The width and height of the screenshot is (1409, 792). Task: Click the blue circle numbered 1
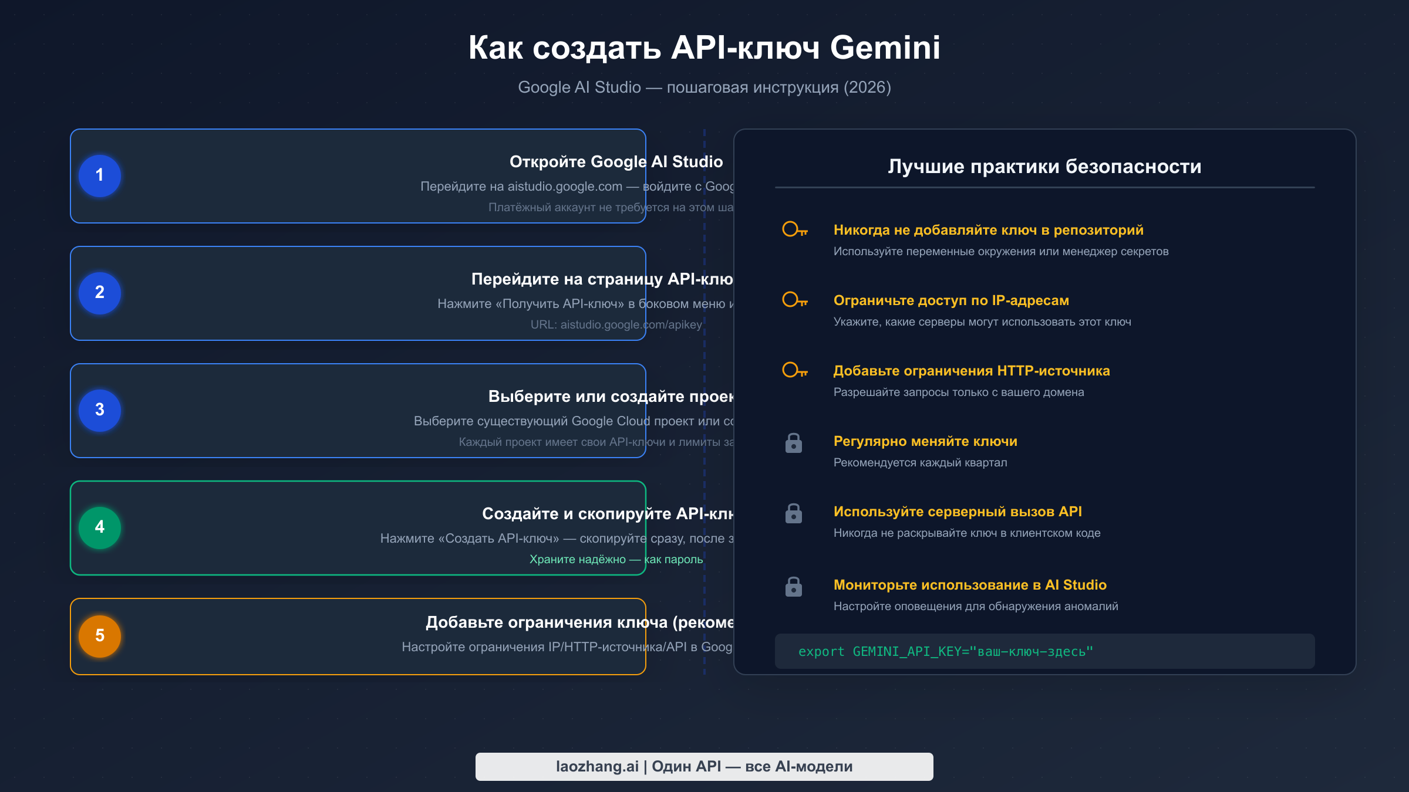tap(100, 175)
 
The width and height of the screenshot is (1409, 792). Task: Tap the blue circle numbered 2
tap(100, 293)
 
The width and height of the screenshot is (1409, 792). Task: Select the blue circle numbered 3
tap(100, 410)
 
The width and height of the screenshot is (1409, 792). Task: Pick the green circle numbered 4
tap(100, 527)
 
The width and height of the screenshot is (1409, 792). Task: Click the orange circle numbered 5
tap(100, 636)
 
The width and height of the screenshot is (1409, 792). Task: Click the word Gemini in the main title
tap(885, 48)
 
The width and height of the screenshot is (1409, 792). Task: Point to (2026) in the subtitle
tap(867, 87)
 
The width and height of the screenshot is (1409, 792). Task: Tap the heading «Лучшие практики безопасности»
tap(1044, 167)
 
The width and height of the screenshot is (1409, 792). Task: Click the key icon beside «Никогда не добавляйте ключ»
tap(794, 229)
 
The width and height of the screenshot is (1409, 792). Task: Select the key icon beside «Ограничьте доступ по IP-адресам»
tap(794, 300)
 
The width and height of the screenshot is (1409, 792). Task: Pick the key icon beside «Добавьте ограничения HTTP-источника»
tap(794, 370)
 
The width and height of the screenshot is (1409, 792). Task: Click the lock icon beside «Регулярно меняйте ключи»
tap(794, 443)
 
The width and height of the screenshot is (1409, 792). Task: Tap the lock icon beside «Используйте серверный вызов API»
tap(794, 513)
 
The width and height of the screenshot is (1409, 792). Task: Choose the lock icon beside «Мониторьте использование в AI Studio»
tap(794, 587)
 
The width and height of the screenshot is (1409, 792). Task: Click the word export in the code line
tap(821, 652)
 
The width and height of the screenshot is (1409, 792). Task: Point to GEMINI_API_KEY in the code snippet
tap(906, 652)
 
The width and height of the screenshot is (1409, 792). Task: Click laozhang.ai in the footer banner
tap(597, 767)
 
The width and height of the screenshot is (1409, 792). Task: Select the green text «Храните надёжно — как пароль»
tap(616, 560)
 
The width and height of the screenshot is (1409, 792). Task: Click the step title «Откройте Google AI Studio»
tap(616, 162)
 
